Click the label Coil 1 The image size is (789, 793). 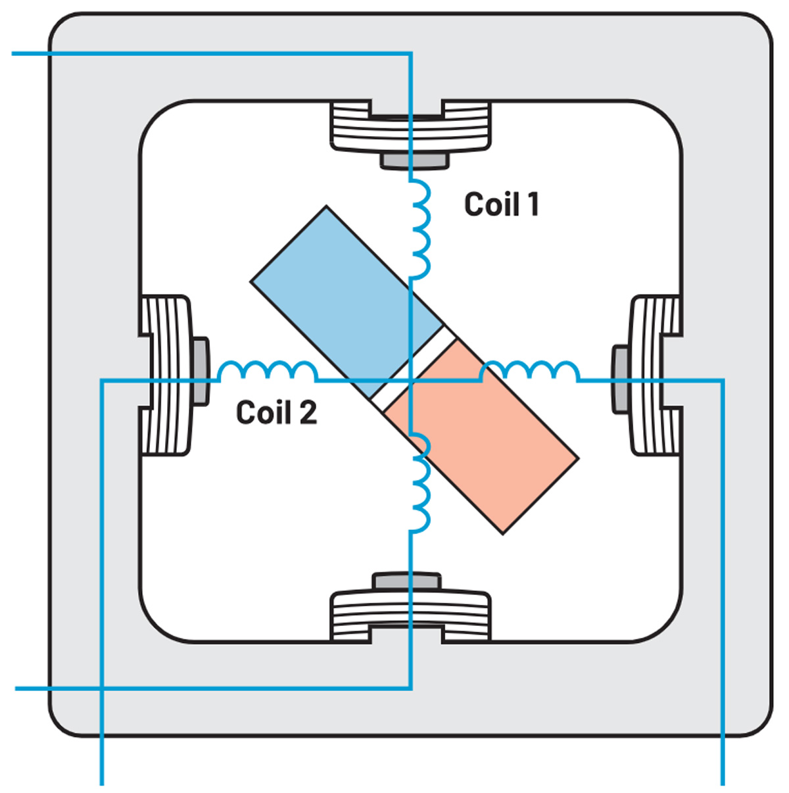502,204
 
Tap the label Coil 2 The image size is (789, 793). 276,413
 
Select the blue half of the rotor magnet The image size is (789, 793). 342,289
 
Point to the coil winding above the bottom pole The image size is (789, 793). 419,483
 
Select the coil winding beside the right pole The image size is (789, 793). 530,372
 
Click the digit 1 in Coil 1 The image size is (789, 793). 533,204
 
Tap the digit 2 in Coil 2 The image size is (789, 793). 308,413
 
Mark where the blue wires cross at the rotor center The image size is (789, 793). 411,380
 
